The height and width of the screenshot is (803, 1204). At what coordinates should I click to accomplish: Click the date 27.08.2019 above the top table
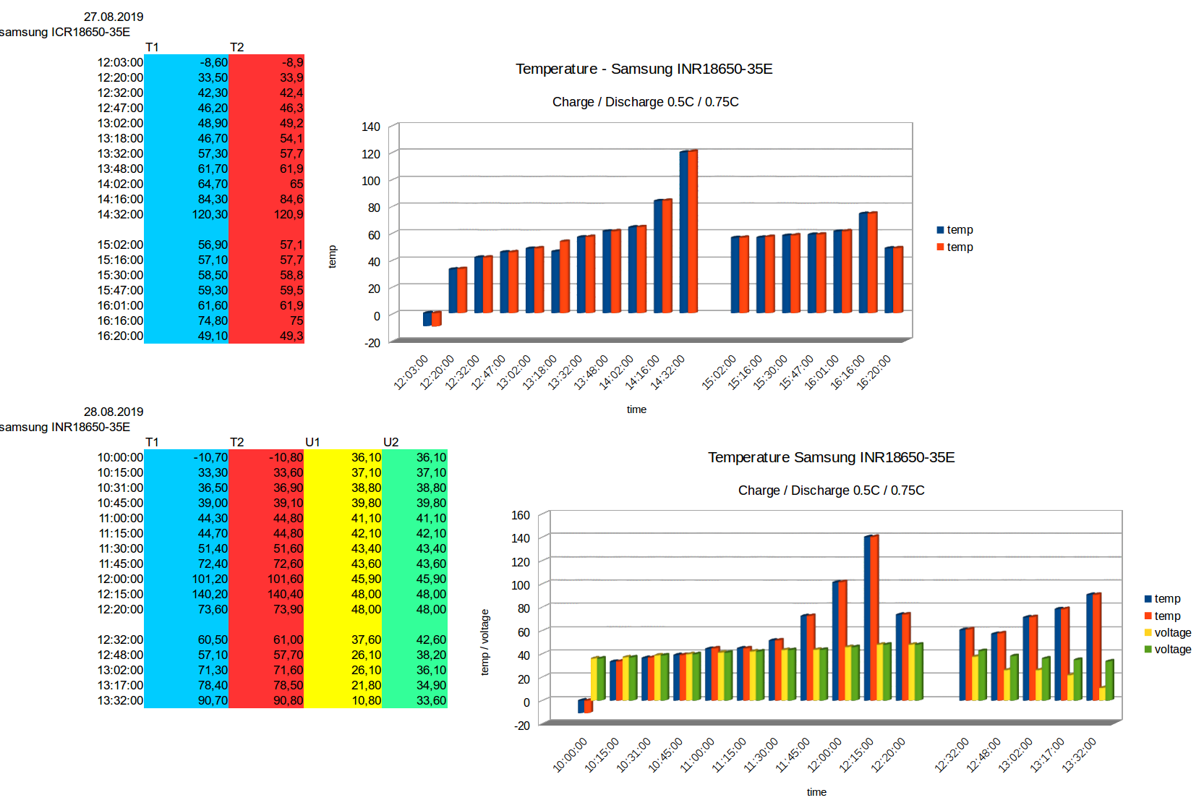coord(114,17)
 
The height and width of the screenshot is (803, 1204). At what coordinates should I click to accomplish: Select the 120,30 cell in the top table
coord(210,214)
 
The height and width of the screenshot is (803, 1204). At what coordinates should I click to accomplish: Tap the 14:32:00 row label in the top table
coord(120,214)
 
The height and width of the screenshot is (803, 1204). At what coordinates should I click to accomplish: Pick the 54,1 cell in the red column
coord(291,138)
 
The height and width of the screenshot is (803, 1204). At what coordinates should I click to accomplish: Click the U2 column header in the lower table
coord(390,442)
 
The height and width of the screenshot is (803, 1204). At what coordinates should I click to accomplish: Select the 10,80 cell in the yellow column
coord(366,700)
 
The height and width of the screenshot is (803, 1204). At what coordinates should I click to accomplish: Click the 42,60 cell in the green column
coord(431,640)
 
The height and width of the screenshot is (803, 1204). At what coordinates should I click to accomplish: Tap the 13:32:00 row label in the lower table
coord(120,700)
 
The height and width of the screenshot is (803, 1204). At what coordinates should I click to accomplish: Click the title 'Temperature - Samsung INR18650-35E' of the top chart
coord(644,69)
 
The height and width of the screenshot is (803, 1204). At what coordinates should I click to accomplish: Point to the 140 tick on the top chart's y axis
coord(371,127)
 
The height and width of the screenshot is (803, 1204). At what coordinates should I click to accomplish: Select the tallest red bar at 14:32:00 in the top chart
coord(693,231)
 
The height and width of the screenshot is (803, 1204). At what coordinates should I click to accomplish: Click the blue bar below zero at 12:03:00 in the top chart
coord(427,319)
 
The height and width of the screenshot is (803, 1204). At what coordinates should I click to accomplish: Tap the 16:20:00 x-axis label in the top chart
coord(874,373)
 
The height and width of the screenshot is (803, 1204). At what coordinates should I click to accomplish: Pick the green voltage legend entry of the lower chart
coord(1167,650)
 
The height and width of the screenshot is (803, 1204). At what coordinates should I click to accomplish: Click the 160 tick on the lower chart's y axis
coord(521,515)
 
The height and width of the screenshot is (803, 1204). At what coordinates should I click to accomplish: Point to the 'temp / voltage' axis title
coord(485,642)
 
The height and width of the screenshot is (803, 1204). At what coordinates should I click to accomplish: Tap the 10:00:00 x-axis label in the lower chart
coord(571,755)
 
